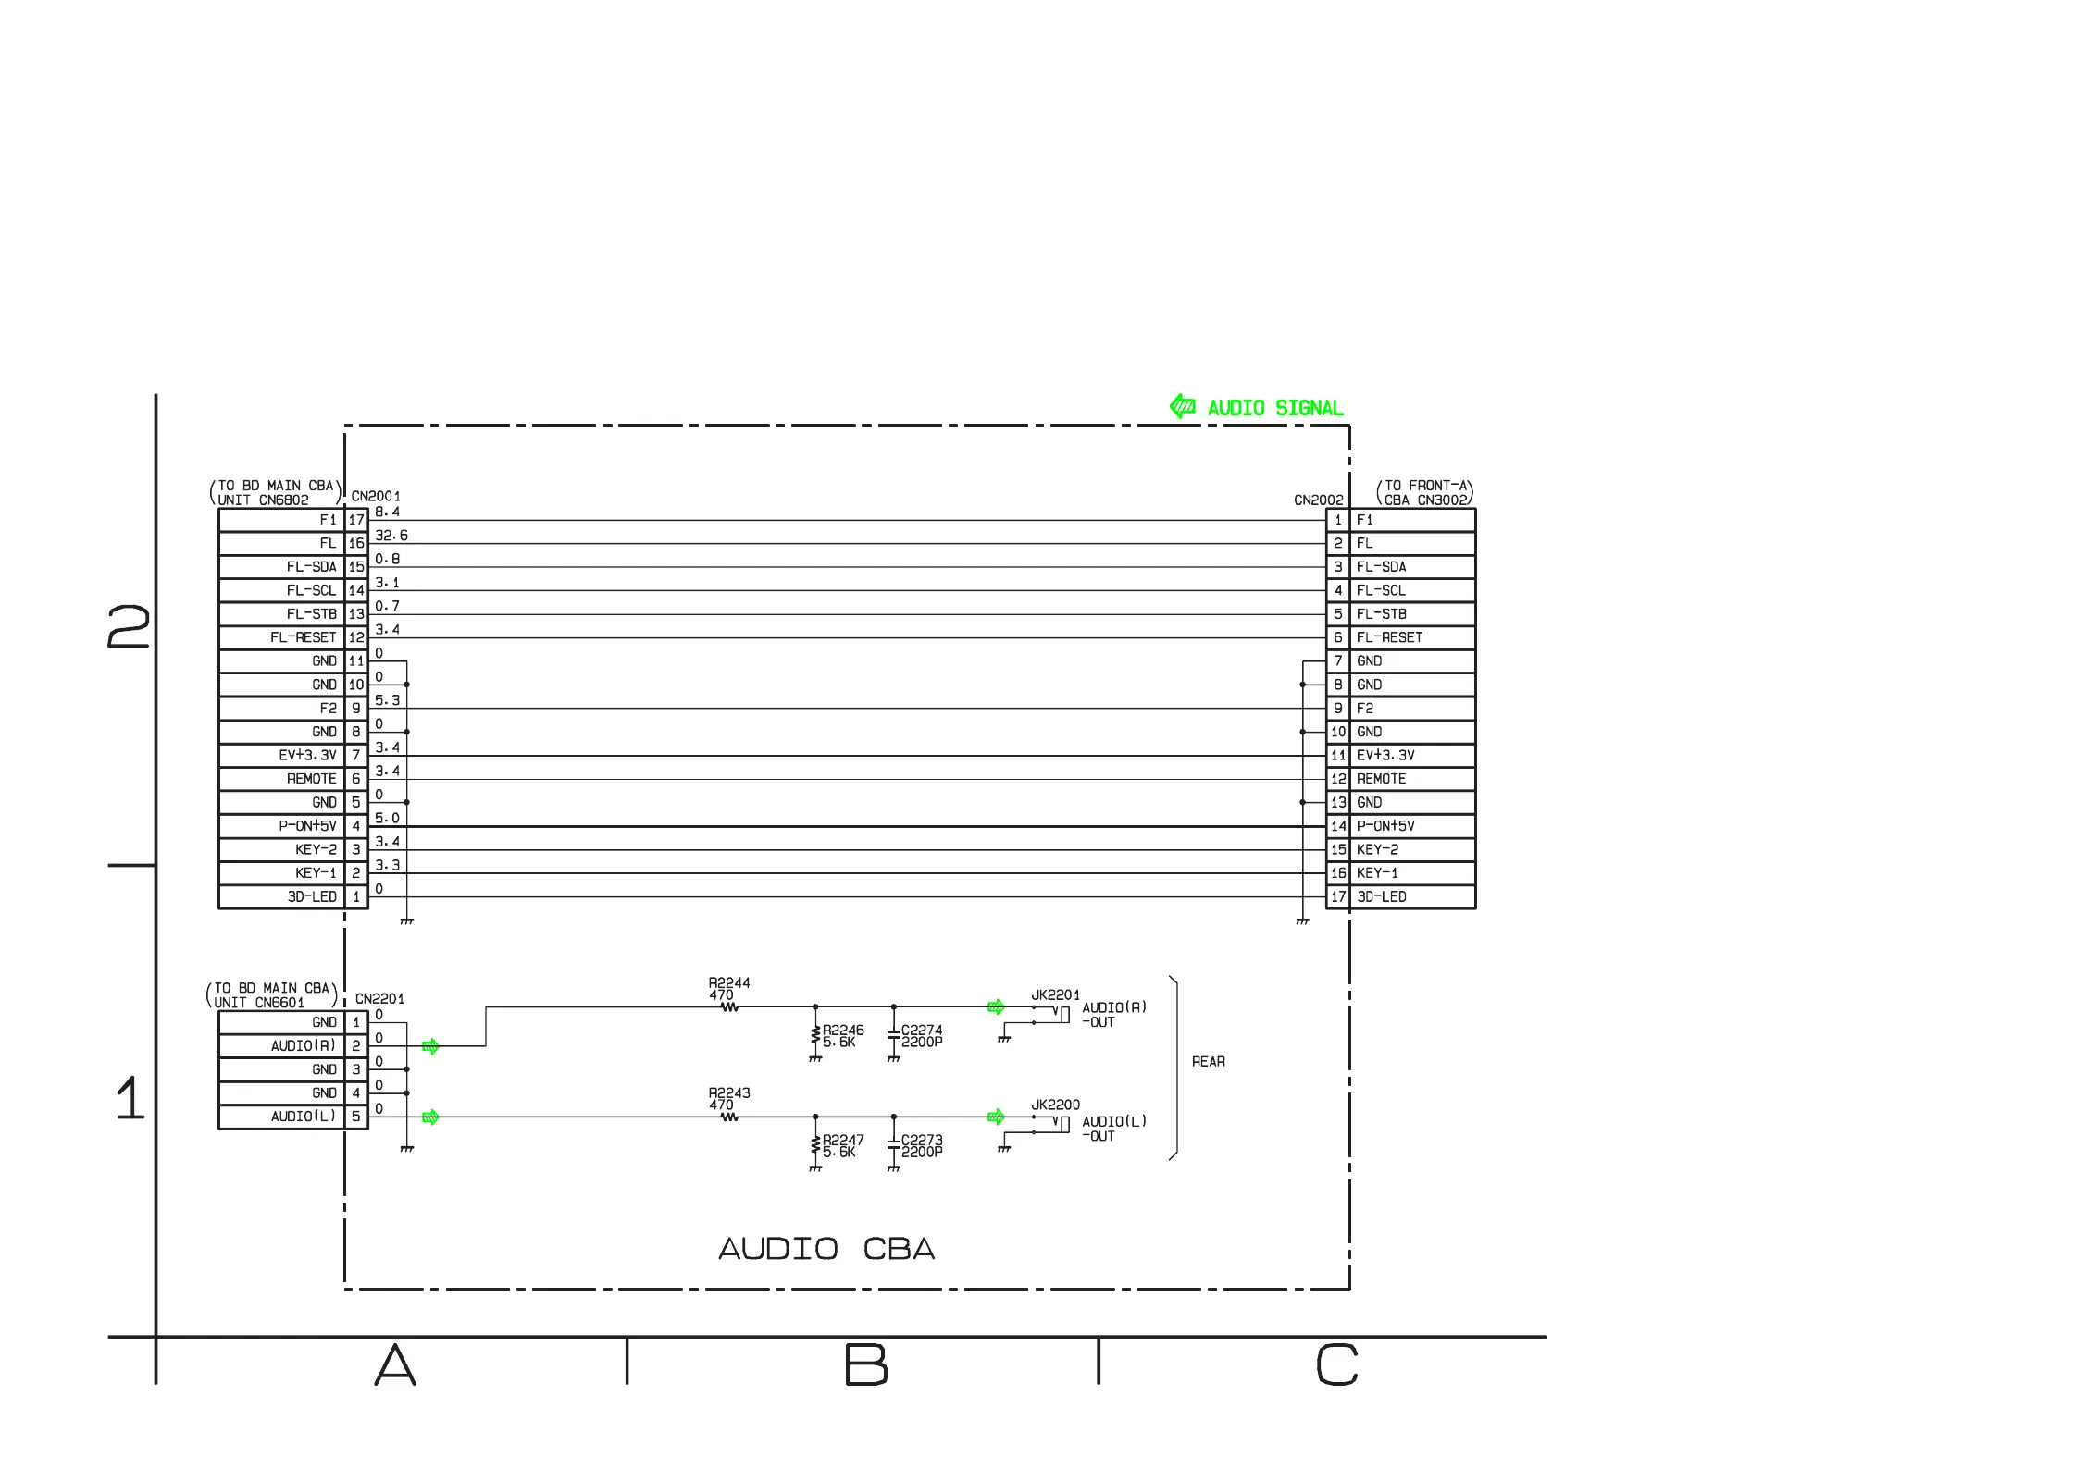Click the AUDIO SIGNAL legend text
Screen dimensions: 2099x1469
pos(1275,408)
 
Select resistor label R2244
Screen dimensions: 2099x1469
pos(729,982)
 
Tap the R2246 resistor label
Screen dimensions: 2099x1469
pos(843,1030)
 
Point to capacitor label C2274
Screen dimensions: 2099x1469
pos(922,1030)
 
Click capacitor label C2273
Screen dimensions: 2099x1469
pos(922,1140)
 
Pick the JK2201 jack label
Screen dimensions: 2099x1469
pos(1056,995)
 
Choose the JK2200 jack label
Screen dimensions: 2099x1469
pos(1056,1105)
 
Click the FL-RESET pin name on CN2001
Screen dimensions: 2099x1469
pos(304,637)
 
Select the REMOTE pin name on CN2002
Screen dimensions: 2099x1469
pos(1381,779)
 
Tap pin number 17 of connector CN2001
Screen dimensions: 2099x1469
pos(356,520)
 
